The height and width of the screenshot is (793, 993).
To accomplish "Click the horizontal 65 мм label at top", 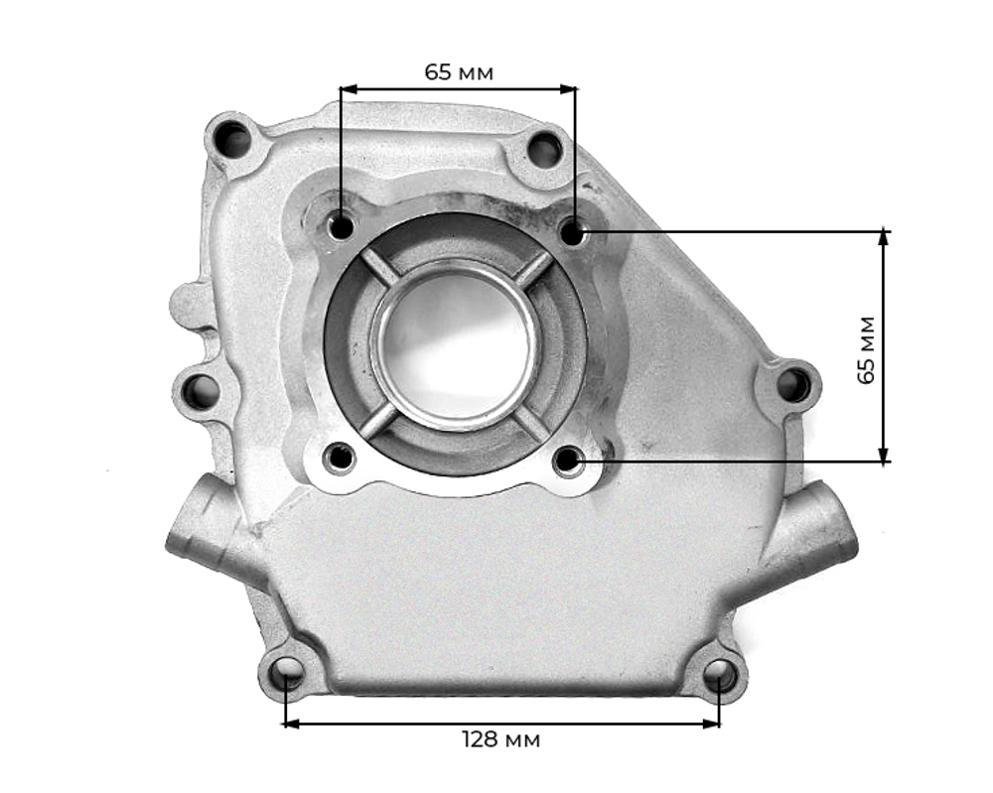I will (x=459, y=72).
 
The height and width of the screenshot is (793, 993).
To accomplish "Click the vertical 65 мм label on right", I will (x=866, y=349).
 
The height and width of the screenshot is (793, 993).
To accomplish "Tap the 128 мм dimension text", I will (x=501, y=740).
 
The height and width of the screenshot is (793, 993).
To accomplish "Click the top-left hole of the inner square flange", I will (x=341, y=227).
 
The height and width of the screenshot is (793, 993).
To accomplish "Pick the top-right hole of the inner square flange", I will (x=572, y=233).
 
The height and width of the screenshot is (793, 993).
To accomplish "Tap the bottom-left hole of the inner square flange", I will (x=340, y=458).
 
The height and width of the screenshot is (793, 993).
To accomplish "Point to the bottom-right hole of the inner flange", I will (x=568, y=460).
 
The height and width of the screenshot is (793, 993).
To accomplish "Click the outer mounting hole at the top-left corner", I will (x=233, y=139).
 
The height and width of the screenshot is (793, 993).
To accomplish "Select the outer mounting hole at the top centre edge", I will (x=544, y=150).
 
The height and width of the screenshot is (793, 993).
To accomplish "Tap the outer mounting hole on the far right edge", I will (x=792, y=384).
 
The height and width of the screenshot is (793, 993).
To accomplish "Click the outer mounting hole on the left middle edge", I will (x=201, y=391).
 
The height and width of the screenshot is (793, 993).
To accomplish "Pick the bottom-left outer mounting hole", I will (x=287, y=672).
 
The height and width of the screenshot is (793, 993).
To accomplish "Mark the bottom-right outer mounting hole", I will (x=720, y=676).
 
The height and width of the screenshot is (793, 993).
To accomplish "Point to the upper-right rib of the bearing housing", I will (x=535, y=267).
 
